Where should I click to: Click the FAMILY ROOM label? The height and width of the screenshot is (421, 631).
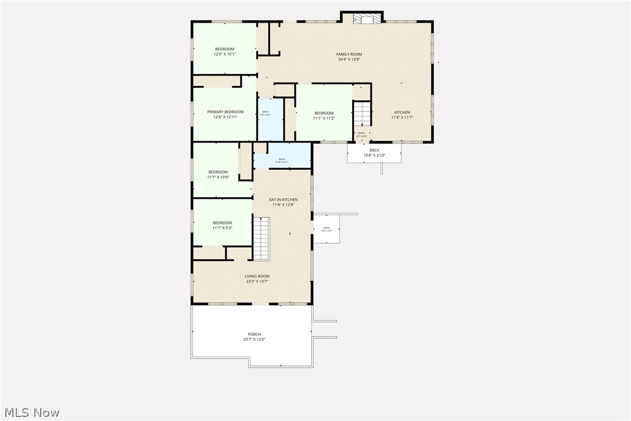(349, 54)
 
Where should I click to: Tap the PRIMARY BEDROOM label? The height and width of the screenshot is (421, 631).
(225, 112)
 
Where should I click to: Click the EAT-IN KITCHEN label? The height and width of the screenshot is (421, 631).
(283, 199)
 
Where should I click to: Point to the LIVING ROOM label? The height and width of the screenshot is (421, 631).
(257, 276)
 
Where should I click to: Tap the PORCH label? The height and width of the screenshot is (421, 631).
(254, 334)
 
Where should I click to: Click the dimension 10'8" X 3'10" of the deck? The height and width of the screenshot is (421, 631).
(374, 155)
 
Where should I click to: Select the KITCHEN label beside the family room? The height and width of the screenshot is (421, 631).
(402, 112)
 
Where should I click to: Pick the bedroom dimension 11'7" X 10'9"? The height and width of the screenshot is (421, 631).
(219, 177)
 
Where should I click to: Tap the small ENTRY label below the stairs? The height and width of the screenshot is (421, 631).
(362, 133)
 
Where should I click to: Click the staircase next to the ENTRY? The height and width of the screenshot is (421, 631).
(362, 113)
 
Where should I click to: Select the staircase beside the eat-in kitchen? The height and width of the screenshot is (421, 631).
(261, 238)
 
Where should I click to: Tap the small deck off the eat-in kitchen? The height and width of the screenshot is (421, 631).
(327, 229)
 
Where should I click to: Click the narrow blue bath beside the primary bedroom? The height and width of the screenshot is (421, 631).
(270, 119)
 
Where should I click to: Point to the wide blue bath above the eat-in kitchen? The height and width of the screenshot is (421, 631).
(282, 155)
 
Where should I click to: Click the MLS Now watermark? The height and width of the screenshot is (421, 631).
(30, 413)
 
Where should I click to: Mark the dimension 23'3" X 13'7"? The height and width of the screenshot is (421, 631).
(257, 282)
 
